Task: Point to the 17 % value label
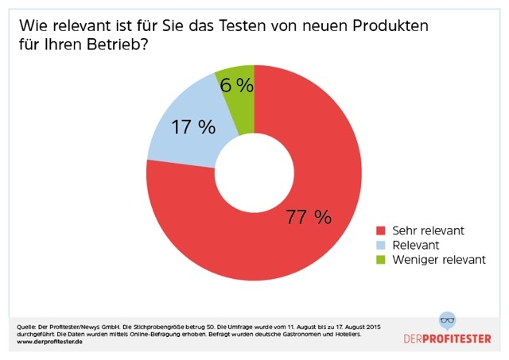(x=194, y=126)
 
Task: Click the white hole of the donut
(x=254, y=172)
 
